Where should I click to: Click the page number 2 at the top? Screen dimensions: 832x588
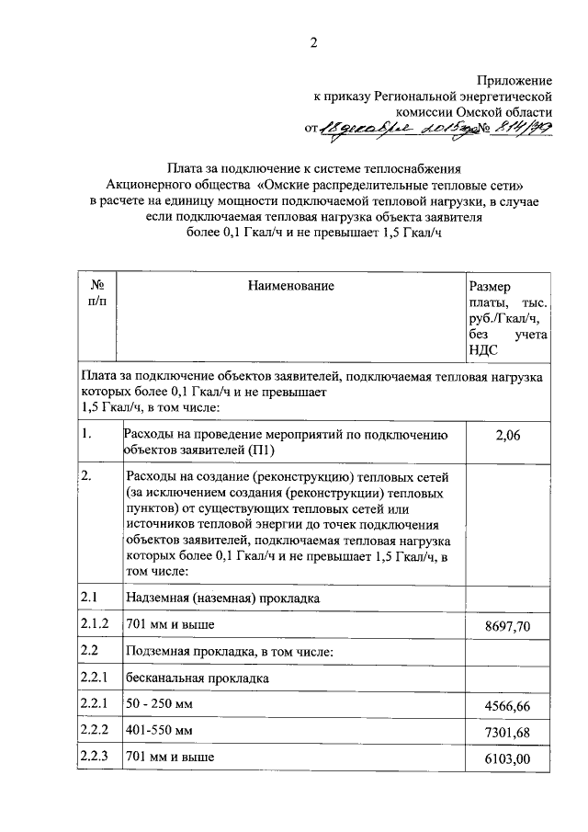coord(312,42)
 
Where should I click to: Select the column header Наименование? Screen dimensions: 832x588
coord(290,287)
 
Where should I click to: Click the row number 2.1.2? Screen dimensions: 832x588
coord(95,625)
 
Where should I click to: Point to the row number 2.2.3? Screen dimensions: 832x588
coord(95,758)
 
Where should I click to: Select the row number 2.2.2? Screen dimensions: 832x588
coord(95,731)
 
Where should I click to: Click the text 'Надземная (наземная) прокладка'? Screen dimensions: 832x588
coord(221,598)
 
